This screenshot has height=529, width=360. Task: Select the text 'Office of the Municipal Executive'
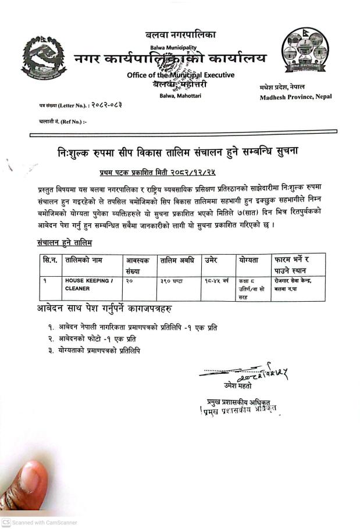[x=180, y=75]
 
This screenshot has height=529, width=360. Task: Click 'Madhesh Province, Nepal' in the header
[x=295, y=96]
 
